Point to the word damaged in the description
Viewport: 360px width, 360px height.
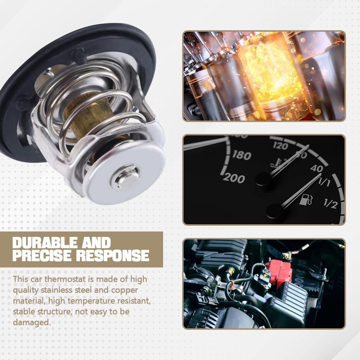(31, 322)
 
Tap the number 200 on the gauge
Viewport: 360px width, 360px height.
(234, 178)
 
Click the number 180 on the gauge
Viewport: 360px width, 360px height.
(242, 156)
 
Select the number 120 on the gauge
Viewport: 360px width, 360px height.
(280, 146)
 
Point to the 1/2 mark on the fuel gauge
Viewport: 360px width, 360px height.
(330, 204)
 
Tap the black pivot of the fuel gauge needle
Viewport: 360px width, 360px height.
(275, 210)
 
